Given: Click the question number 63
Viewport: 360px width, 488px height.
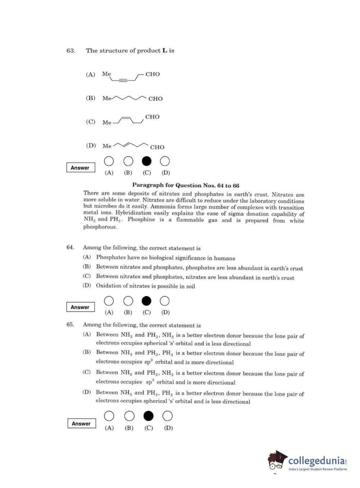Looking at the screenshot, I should (x=70, y=51).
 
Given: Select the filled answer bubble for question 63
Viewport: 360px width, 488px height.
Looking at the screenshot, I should (x=146, y=161).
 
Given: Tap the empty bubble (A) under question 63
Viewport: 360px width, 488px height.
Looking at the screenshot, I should (x=109, y=161).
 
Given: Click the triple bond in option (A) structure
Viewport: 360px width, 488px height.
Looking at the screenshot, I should (x=123, y=80).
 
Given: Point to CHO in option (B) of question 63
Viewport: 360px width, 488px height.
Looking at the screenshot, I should (x=155, y=99).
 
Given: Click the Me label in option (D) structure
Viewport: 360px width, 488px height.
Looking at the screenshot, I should (x=107, y=146).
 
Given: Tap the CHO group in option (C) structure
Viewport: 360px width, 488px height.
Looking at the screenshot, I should (x=152, y=117).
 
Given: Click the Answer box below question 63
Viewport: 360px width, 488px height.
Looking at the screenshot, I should (x=81, y=168).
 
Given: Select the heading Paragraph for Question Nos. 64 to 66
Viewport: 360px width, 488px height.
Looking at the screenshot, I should (x=186, y=185).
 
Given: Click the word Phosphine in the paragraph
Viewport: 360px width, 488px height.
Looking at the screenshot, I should (x=141, y=220).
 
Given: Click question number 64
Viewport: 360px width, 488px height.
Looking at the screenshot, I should (x=70, y=247).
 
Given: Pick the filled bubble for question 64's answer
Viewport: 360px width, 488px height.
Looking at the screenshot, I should (x=146, y=301).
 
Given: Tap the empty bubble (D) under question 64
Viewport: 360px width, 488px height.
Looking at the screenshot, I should (x=165, y=301).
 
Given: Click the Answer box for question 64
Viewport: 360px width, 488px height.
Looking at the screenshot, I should (x=81, y=307).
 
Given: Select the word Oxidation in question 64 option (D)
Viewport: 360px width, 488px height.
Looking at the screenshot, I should (x=109, y=286).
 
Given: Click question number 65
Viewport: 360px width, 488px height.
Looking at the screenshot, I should (x=70, y=324).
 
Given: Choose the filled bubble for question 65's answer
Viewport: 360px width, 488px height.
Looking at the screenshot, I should (x=148, y=416).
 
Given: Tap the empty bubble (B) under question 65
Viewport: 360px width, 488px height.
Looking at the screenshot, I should (x=129, y=416).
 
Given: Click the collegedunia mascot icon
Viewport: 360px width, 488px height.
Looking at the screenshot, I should (x=277, y=461).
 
